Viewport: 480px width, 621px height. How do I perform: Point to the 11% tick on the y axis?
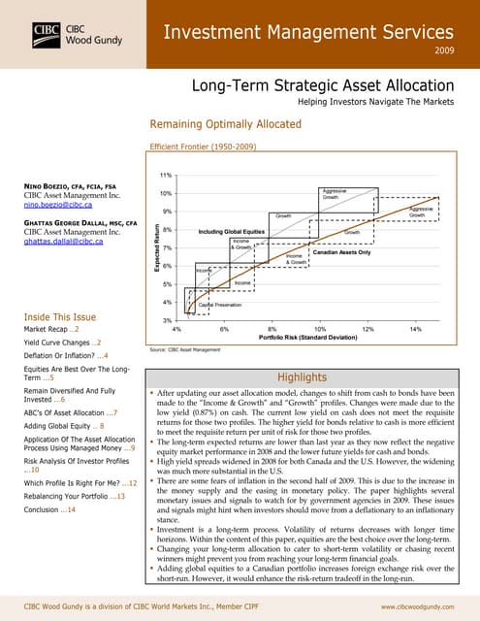166,174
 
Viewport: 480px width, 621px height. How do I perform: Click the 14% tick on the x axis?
415,328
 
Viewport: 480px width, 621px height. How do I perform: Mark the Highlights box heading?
304,376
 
